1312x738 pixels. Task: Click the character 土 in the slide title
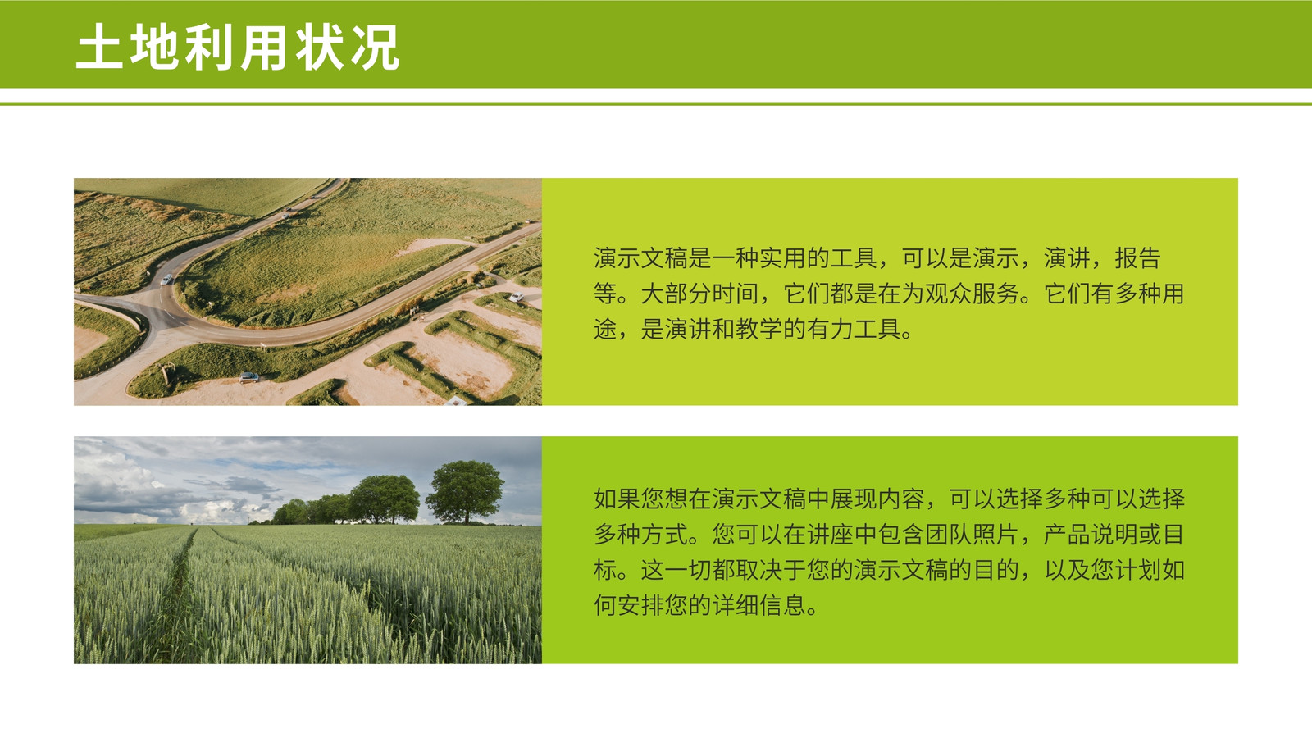point(99,48)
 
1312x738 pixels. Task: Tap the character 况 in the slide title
point(376,48)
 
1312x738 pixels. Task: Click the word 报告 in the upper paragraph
point(1137,257)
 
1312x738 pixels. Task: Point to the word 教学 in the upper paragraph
point(758,329)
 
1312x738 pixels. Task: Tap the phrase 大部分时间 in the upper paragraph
point(699,294)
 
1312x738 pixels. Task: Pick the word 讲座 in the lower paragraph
point(829,534)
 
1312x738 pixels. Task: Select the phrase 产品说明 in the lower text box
point(1090,534)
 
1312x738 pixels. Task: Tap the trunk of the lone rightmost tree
point(467,516)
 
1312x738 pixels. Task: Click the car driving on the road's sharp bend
point(167,280)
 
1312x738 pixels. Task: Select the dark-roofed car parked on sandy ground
point(249,377)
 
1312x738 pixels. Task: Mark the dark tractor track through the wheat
point(175,591)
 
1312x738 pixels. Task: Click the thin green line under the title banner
point(656,104)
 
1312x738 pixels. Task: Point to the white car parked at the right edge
point(516,298)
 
